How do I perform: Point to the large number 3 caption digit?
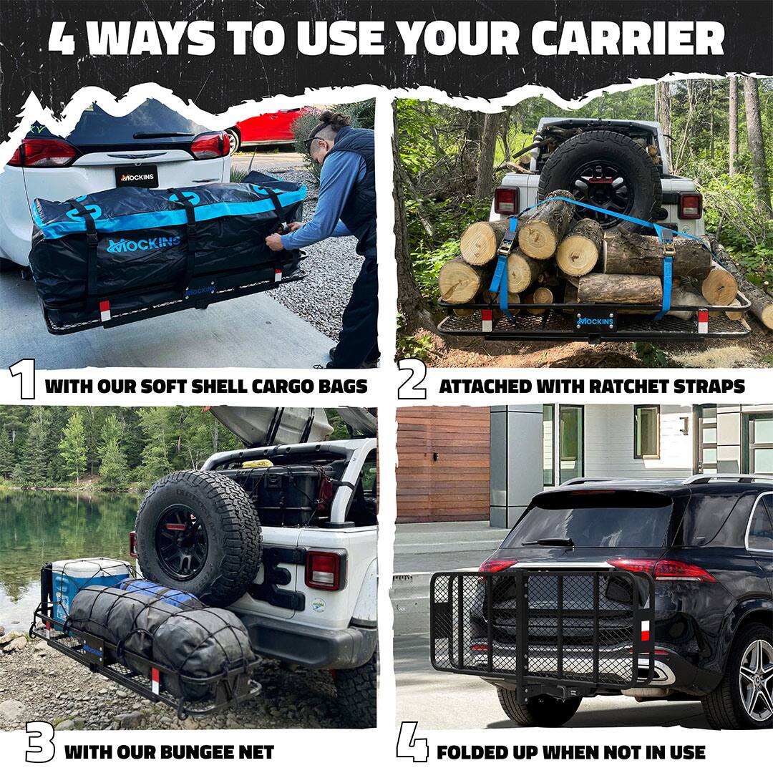[40, 742]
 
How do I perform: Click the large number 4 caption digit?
[412, 742]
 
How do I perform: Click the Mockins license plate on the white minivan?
[136, 176]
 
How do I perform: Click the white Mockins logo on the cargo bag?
[143, 245]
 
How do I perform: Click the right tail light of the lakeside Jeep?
[323, 570]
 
